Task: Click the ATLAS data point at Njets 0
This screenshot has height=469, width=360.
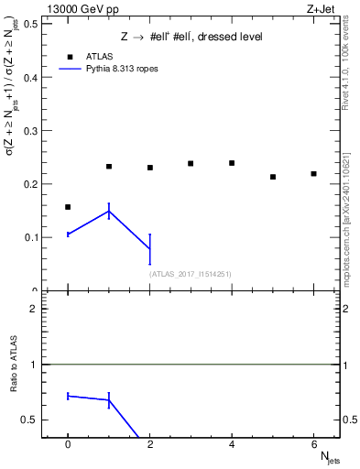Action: point(68,207)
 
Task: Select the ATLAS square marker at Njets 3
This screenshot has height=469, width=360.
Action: point(191,164)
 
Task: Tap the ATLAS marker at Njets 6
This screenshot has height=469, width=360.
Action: point(313,174)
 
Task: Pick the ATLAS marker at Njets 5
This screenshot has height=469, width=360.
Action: point(273,177)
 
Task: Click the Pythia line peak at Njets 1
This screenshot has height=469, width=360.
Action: point(109,212)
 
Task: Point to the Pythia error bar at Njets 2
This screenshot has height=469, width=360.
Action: point(149,249)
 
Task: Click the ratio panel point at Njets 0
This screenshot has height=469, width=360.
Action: point(68,396)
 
